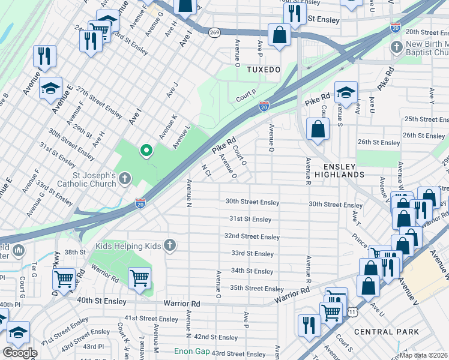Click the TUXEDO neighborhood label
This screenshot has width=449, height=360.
(x=264, y=70)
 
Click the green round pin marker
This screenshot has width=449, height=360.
(x=145, y=151)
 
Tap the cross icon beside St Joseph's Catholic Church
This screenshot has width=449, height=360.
(x=124, y=178)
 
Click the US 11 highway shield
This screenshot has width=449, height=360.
(x=352, y=311)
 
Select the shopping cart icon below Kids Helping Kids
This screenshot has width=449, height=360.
(x=139, y=278)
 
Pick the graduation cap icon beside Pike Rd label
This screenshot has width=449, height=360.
(x=346, y=92)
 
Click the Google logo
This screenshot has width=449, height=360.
(x=20, y=353)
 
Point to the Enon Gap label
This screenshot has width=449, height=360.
(x=191, y=351)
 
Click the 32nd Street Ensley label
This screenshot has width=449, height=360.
(x=252, y=237)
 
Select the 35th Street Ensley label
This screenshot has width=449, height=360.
(x=257, y=289)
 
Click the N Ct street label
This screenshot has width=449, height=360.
(x=206, y=170)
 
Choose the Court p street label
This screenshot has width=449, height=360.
(x=246, y=95)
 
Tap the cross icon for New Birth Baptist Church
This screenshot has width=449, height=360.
(x=396, y=47)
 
